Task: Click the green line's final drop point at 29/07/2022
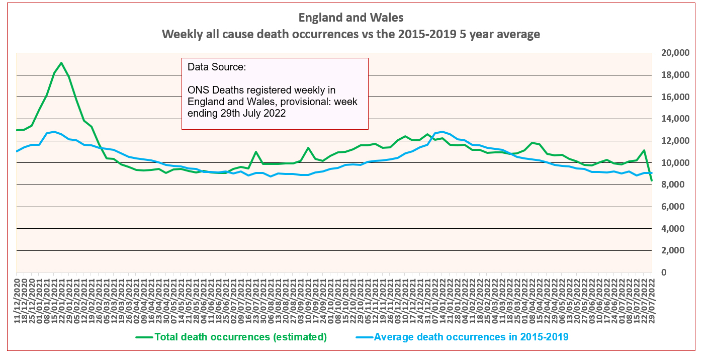pos(652,181)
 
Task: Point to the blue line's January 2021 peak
pos(54,132)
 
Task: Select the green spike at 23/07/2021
pos(256,152)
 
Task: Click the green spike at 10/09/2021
pos(308,148)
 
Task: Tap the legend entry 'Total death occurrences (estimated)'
pos(240,337)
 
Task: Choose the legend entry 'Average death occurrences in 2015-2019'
pos(471,337)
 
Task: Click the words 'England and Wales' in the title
pos(350,18)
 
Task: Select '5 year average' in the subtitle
pos(503,35)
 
